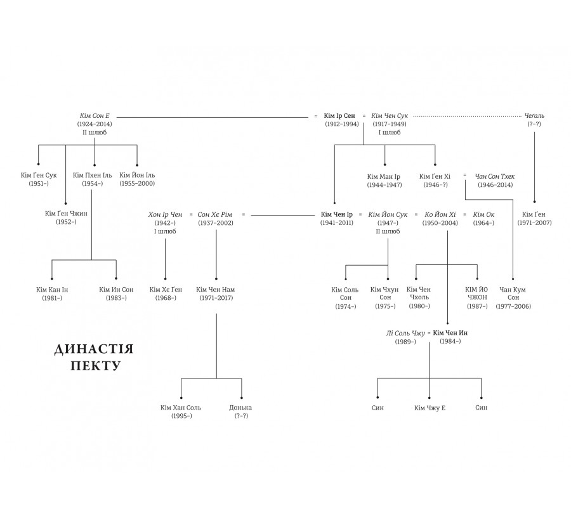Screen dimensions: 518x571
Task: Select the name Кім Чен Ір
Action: (337, 215)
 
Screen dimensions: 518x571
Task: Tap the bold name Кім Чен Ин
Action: (450, 332)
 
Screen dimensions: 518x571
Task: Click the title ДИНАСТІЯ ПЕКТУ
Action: (94, 358)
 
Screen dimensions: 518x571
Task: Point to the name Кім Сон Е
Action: (95, 116)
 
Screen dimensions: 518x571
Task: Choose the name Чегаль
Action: (534, 116)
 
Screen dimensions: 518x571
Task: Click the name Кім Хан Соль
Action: (181, 407)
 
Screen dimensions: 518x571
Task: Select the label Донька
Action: (241, 407)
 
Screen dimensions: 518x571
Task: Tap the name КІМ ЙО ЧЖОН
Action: (477, 293)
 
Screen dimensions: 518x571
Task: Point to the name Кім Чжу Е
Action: (430, 407)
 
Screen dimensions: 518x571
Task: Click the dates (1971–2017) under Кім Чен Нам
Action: (216, 297)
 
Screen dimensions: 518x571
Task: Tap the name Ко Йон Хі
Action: (440, 215)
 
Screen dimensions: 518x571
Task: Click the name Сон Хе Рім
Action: (216, 215)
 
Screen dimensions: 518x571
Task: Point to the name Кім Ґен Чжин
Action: (66, 213)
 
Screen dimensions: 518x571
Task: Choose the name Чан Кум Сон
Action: (513, 293)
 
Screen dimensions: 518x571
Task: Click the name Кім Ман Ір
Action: (384, 176)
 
